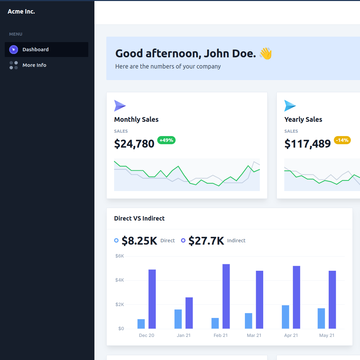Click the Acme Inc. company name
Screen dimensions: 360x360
pos(21,12)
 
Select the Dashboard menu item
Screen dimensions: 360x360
pos(35,50)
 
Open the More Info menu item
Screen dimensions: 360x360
pos(34,65)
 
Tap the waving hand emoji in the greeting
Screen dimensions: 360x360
pos(266,54)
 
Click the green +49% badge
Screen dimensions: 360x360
pos(166,140)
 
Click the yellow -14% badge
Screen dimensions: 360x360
pos(342,140)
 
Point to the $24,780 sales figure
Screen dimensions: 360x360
pos(134,144)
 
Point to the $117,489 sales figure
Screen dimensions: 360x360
pos(307,144)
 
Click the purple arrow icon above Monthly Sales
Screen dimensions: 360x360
pos(120,106)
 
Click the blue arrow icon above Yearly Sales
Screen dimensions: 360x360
pos(290,106)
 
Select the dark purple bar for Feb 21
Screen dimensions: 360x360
pos(226,296)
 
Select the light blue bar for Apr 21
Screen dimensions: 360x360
pos(286,317)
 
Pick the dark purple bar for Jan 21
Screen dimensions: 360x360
pos(189,313)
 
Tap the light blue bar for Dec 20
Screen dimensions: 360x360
pos(141,324)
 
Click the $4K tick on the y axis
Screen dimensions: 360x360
pos(120,280)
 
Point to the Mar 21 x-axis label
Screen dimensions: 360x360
pos(254,335)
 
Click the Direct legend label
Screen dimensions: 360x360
pos(167,241)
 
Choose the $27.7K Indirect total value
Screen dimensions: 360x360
pos(206,241)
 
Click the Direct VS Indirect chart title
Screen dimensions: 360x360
pos(139,219)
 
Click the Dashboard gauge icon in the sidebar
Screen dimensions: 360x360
pos(14,50)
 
